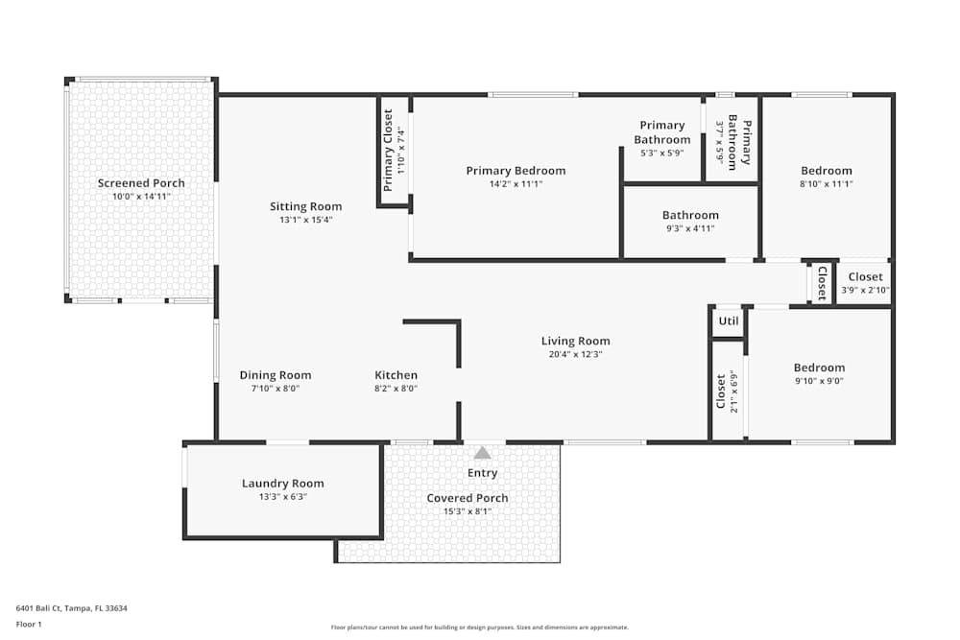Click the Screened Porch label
pyautogui.click(x=141, y=183)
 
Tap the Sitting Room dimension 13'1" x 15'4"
pyautogui.click(x=305, y=220)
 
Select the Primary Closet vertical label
pyautogui.click(x=389, y=150)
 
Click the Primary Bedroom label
pyautogui.click(x=516, y=171)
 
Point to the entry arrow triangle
pyautogui.click(x=483, y=452)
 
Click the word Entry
pyautogui.click(x=483, y=473)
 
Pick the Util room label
pyautogui.click(x=729, y=321)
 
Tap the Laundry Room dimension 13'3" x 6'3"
pyautogui.click(x=282, y=497)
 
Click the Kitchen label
pyautogui.click(x=396, y=375)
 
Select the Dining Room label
pyautogui.click(x=276, y=375)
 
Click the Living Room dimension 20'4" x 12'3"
pyautogui.click(x=575, y=354)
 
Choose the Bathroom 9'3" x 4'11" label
pyautogui.click(x=690, y=216)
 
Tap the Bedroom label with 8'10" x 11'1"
pyautogui.click(x=827, y=171)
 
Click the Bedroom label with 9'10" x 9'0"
pyautogui.click(x=819, y=367)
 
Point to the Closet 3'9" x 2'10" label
pyautogui.click(x=865, y=277)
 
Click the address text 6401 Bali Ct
pyautogui.click(x=72, y=607)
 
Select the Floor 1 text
pyautogui.click(x=29, y=624)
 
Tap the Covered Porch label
pyautogui.click(x=468, y=498)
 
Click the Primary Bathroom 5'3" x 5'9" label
pyautogui.click(x=662, y=132)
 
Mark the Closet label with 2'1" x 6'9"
pyautogui.click(x=721, y=391)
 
